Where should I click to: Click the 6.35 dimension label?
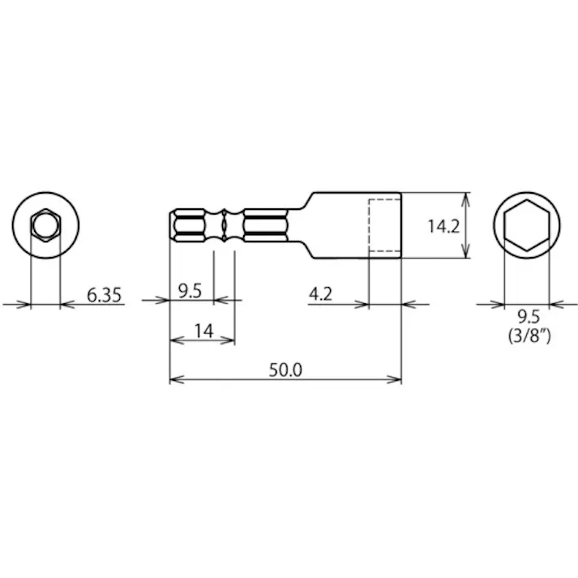click(104, 295)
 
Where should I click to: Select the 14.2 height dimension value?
click(443, 226)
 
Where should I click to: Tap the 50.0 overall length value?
click(285, 370)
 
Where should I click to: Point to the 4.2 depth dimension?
click(321, 294)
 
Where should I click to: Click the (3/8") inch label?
click(527, 336)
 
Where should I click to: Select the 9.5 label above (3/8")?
click(527, 317)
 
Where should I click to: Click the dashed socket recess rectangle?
click(384, 226)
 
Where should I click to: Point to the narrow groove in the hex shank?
click(224, 226)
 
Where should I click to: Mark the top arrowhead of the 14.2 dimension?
click(466, 198)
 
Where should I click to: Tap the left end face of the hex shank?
click(171, 226)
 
